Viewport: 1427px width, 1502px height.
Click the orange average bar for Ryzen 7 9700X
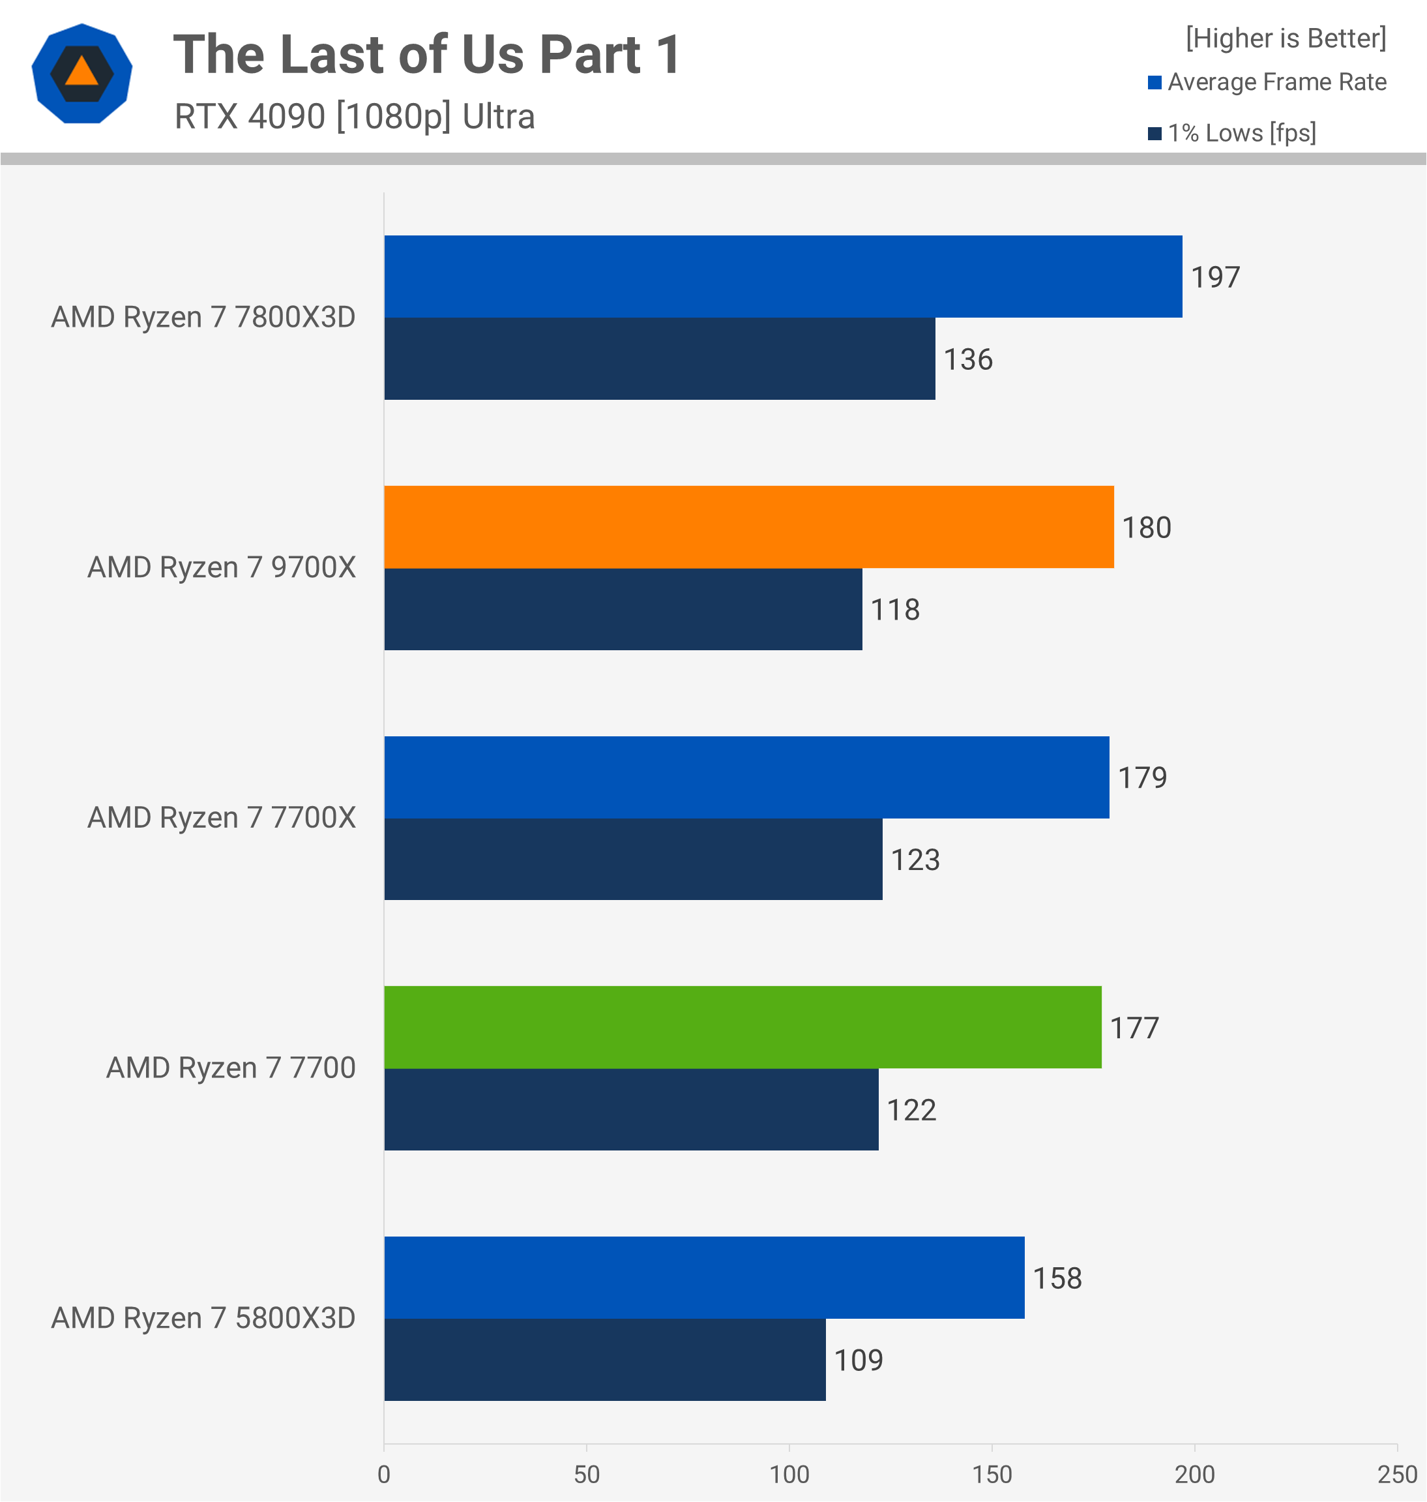(x=748, y=526)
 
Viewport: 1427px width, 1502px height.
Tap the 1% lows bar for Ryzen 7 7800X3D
(x=660, y=359)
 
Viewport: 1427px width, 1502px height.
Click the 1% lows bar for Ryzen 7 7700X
(x=633, y=859)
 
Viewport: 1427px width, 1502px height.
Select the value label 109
(x=858, y=1360)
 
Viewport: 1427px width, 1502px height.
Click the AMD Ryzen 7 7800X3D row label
(x=203, y=317)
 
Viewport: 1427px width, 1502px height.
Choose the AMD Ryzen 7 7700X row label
(x=222, y=817)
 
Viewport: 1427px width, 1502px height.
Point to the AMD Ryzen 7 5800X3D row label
(x=203, y=1318)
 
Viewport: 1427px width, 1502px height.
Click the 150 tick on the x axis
(x=992, y=1474)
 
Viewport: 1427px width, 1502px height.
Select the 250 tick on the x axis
(x=1396, y=1474)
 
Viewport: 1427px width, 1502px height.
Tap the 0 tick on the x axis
(x=384, y=1474)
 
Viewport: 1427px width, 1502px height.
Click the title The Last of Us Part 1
(x=427, y=55)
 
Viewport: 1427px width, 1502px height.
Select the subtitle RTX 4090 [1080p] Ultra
(x=355, y=116)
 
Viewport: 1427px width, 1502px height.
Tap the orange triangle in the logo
(x=81, y=72)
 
